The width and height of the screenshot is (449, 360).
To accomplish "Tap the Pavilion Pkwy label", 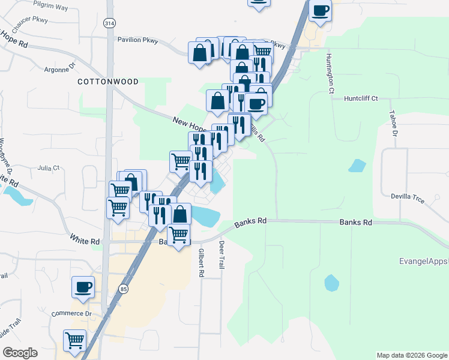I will [x=137, y=40].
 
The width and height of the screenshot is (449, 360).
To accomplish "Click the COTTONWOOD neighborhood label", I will [x=108, y=82].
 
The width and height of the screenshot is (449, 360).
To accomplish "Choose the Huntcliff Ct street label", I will [x=361, y=98].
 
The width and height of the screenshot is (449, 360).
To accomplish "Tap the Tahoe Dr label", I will [x=394, y=124].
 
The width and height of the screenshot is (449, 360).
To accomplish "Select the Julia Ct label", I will [x=49, y=169].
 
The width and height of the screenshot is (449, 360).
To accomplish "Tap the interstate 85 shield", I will [x=124, y=289].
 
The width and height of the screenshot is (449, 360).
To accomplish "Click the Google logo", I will [x=20, y=353].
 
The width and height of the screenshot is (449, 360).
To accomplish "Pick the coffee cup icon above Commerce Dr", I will [x=83, y=286].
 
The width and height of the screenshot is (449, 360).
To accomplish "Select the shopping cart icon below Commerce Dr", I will [x=75, y=340].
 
